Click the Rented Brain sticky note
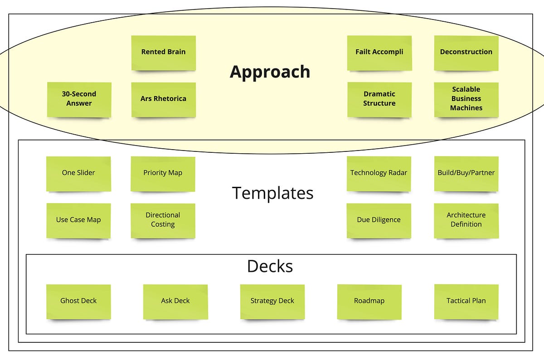coord(163,52)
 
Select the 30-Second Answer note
coord(79,99)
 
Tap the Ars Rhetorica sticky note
coord(163,99)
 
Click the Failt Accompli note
coord(379,52)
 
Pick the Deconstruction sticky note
coord(466,52)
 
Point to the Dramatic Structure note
coord(379,99)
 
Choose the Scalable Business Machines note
coord(466,99)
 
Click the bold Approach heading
coord(270,72)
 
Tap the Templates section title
coord(272,193)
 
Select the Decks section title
coord(270,266)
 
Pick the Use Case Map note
coord(78,220)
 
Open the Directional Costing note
coord(163,220)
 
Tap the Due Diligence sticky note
coord(379,220)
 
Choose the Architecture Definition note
coord(466,220)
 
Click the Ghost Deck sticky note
coord(78,301)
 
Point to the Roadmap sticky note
coord(369,301)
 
